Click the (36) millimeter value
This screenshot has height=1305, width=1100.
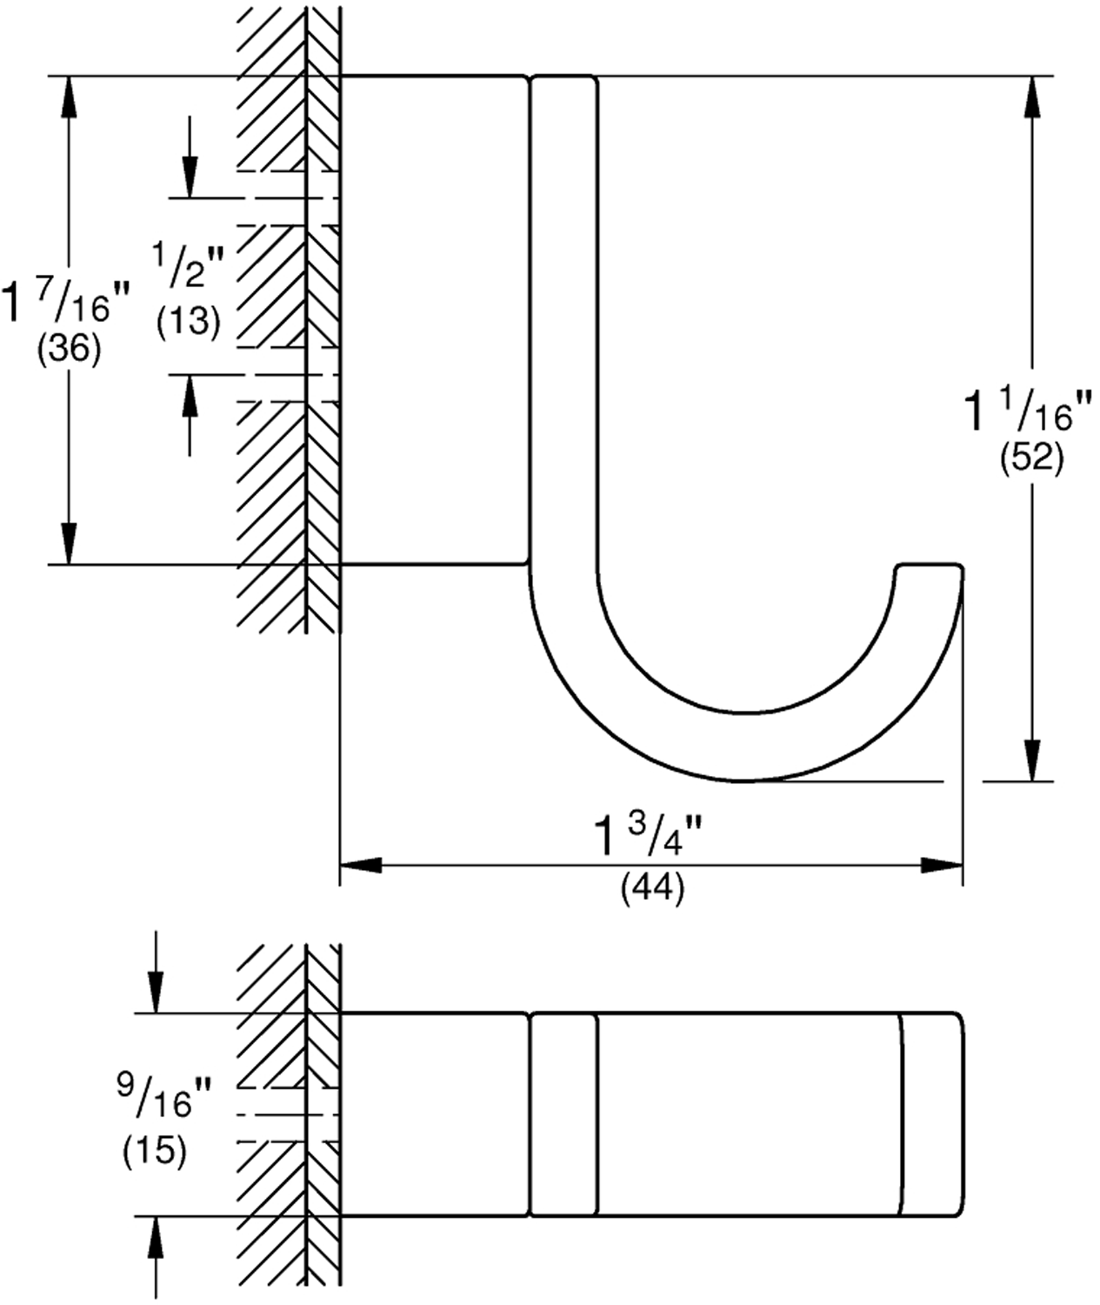tap(69, 350)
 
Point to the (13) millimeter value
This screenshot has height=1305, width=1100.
tap(189, 322)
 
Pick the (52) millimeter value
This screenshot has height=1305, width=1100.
tap(1031, 458)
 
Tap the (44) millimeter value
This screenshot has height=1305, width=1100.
tap(652, 889)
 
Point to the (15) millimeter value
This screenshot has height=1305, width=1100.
tap(155, 1151)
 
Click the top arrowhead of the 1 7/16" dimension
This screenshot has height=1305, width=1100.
tap(68, 97)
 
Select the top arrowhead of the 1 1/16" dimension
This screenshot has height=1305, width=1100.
tap(1032, 97)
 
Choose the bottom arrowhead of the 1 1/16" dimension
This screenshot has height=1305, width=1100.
tap(1032, 761)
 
